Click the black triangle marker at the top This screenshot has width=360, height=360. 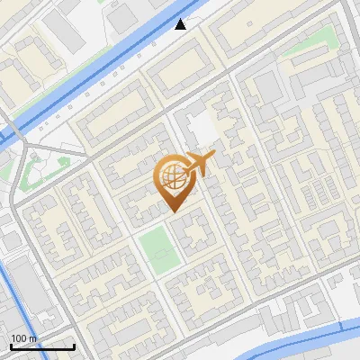coord(181,24)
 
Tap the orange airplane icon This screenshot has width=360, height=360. coord(199,165)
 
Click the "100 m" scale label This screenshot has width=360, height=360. coord(24,337)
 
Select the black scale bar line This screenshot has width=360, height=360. coord(41,346)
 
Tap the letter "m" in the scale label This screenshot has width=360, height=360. coord(33,337)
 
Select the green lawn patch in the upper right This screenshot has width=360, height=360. coord(306,49)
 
